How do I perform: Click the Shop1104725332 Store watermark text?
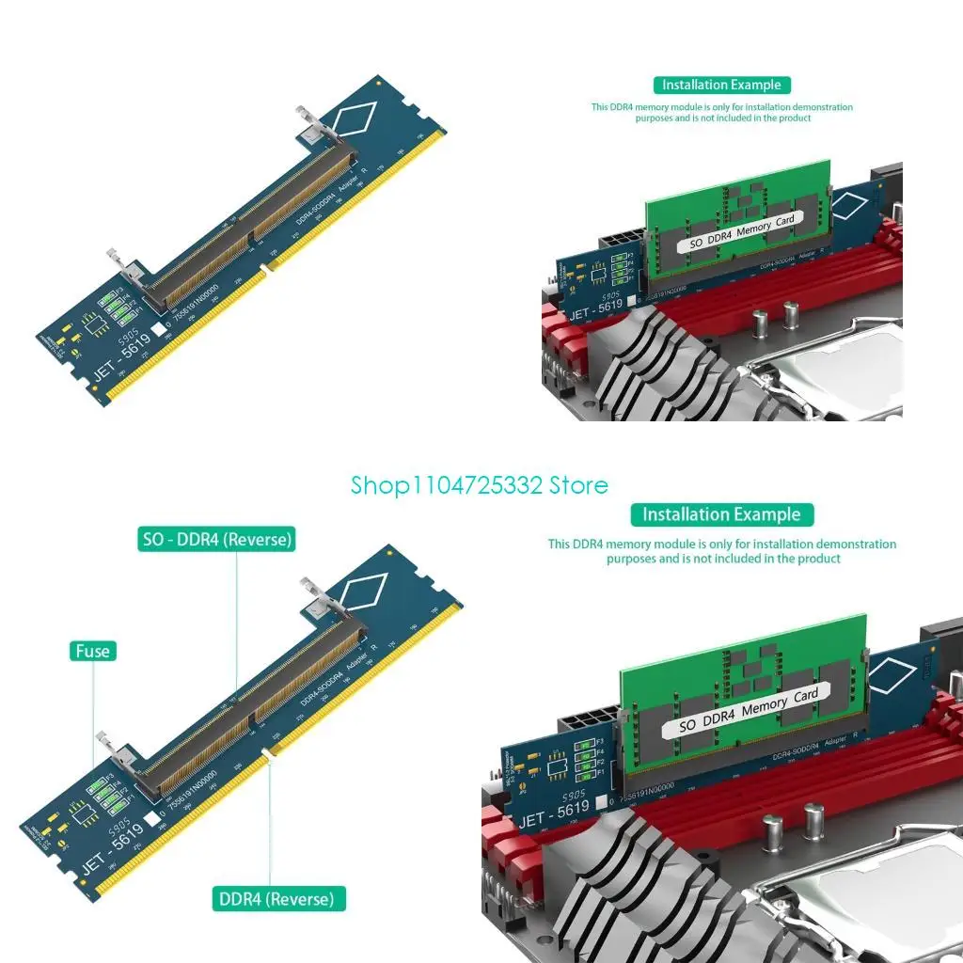480,485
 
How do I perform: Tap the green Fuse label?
92,651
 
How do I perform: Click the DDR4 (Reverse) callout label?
276,898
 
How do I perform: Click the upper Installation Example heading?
721,85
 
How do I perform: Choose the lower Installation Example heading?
721,514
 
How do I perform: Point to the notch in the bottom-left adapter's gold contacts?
268,752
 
